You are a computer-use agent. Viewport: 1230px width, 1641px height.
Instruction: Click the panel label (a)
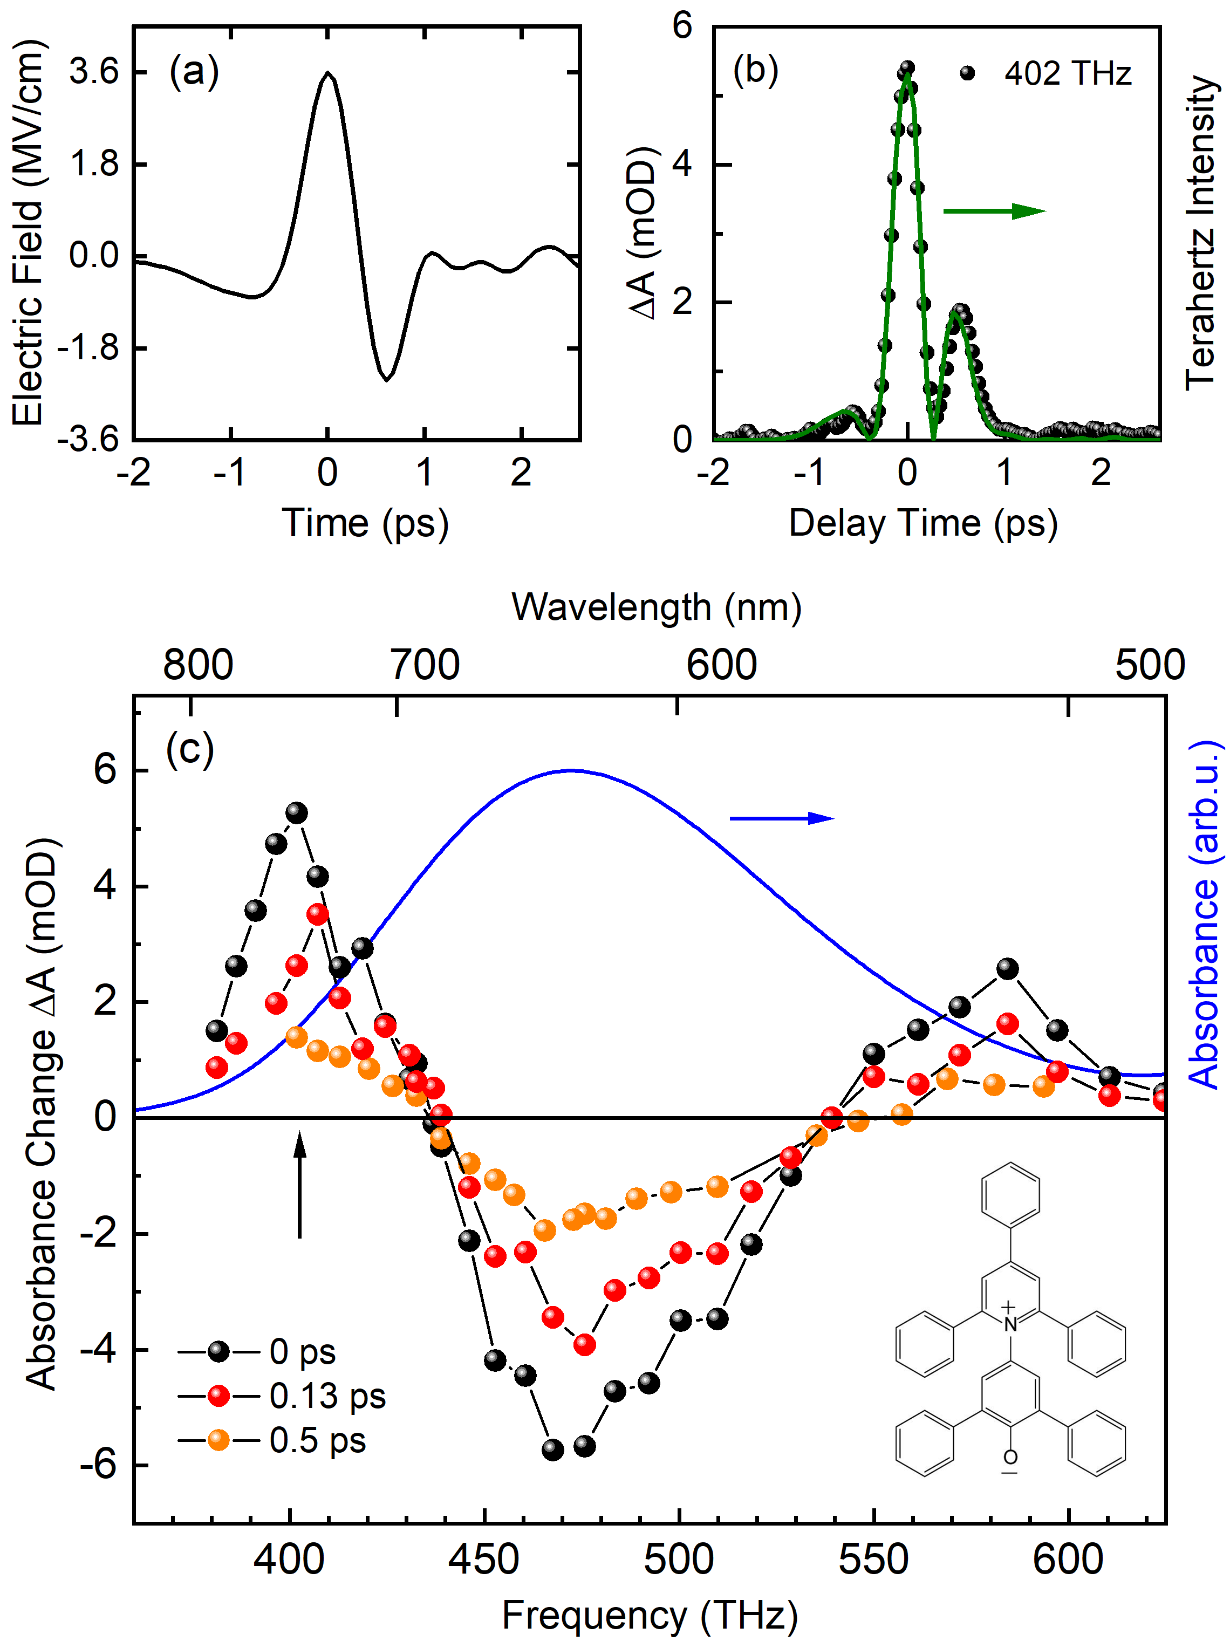[194, 72]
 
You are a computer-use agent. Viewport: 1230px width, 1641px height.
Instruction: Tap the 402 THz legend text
[1068, 73]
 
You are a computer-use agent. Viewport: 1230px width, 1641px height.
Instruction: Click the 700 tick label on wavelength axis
[425, 665]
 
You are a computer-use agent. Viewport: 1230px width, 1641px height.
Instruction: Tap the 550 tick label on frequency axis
[873, 1560]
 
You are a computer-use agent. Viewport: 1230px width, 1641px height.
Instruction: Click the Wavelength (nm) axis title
[657, 607]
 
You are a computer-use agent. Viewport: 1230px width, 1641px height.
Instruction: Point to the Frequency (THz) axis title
[650, 1616]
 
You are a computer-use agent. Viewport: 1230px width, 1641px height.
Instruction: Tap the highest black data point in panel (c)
[297, 812]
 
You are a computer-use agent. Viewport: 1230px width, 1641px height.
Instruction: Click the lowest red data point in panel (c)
[585, 1344]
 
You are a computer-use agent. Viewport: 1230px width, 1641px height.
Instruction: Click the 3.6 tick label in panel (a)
[94, 72]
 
